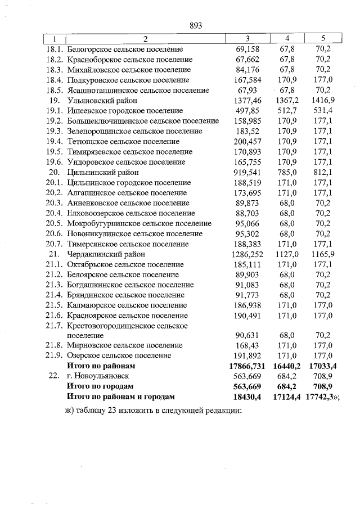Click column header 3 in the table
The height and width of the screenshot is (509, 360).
[247, 39]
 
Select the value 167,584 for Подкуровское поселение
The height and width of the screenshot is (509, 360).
[247, 80]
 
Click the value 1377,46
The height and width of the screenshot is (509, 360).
[247, 100]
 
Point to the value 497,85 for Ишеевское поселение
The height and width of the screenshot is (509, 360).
[247, 111]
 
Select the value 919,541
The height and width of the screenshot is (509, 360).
[247, 172]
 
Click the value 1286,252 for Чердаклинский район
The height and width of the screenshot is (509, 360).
[247, 254]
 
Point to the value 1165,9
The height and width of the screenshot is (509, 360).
[323, 254]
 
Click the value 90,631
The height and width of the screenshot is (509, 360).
[247, 336]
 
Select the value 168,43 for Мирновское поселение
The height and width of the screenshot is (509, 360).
[247, 345]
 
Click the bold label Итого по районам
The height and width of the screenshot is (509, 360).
[101, 366]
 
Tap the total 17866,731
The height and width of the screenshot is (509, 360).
[247, 366]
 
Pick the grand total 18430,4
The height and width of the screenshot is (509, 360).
[247, 397]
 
